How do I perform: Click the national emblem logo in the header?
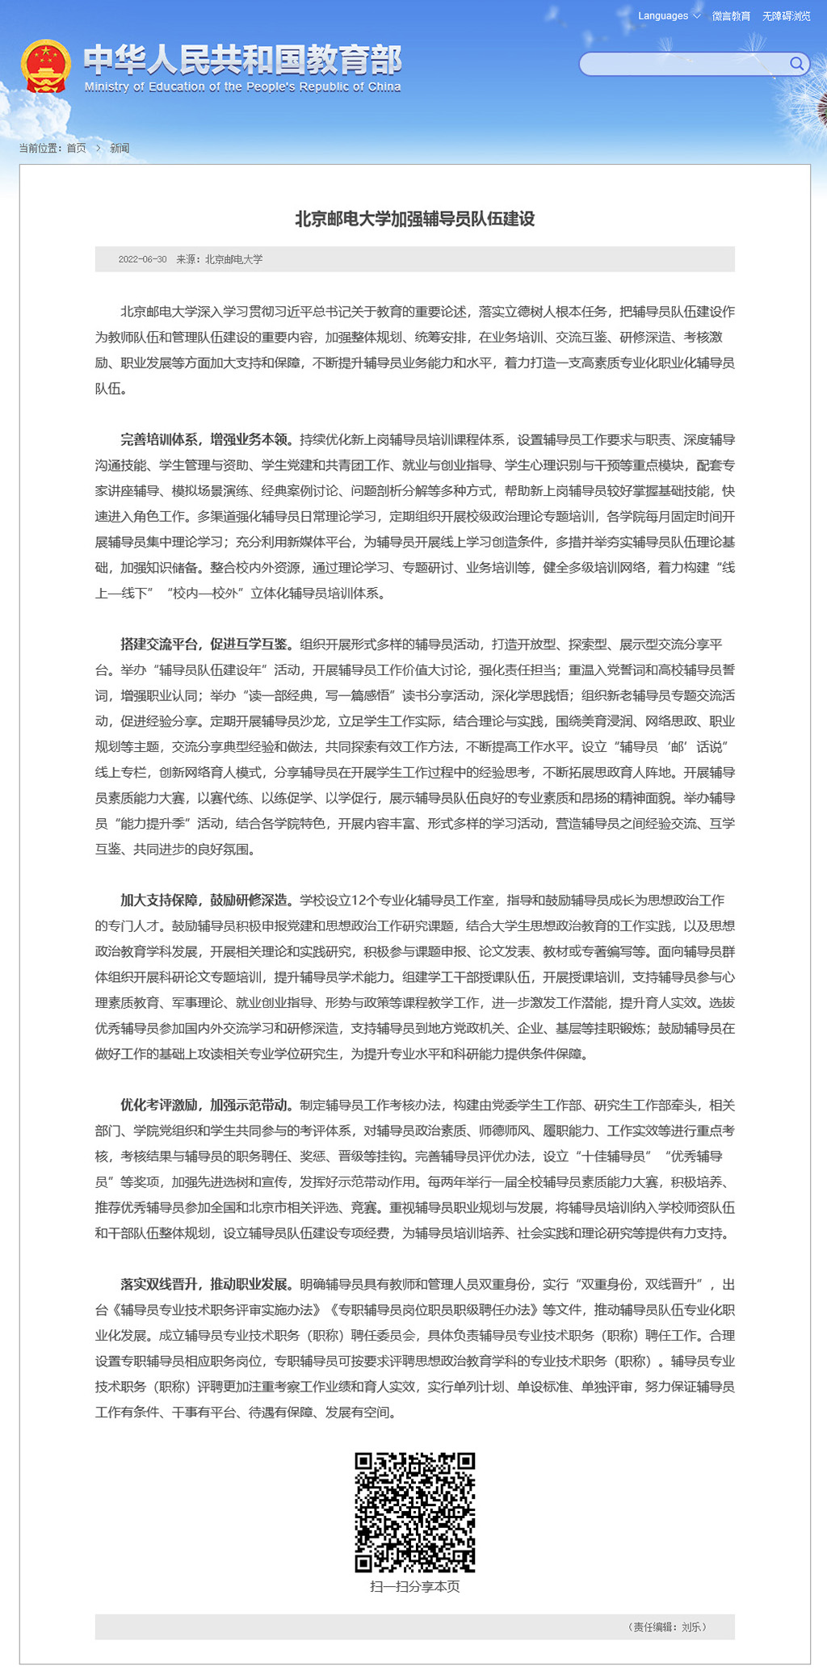45,66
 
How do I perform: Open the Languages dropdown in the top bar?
669,16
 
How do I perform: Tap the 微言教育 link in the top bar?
731,16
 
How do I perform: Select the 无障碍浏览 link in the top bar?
786,16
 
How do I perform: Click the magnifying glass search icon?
796,64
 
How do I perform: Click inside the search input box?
682,64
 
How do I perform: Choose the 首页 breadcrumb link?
76,149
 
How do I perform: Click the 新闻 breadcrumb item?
120,149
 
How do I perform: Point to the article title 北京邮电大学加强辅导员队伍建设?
414,219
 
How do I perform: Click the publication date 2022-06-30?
142,259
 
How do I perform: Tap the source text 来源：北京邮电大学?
220,259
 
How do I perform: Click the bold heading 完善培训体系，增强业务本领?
204,440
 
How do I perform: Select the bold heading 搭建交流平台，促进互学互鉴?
204,644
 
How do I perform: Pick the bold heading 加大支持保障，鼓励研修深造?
204,900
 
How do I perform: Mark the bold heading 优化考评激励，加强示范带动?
204,1105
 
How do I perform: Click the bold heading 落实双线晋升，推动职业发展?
204,1284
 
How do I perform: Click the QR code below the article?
414,1512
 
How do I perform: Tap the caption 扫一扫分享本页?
414,1586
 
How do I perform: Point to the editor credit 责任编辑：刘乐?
668,1627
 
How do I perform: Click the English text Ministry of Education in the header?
242,87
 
